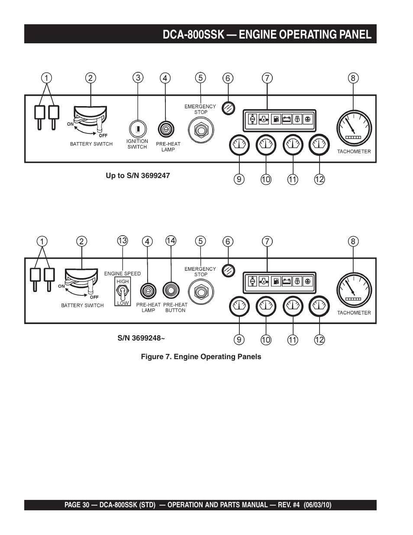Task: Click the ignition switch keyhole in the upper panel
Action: (x=138, y=129)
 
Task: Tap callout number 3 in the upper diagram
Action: (x=138, y=78)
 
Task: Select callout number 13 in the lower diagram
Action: (x=123, y=240)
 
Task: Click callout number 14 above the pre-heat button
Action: (x=171, y=240)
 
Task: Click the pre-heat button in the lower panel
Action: (x=171, y=291)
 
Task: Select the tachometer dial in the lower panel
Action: (x=354, y=290)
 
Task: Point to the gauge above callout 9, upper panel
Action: (x=239, y=145)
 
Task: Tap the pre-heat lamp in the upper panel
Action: (x=165, y=129)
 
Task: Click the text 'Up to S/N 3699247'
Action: (x=138, y=175)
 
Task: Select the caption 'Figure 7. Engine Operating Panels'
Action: (x=201, y=357)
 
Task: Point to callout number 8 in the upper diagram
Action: (x=353, y=78)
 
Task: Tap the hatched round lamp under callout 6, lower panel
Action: (x=228, y=270)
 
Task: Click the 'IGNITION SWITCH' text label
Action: (x=137, y=144)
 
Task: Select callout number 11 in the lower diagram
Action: (x=293, y=340)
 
